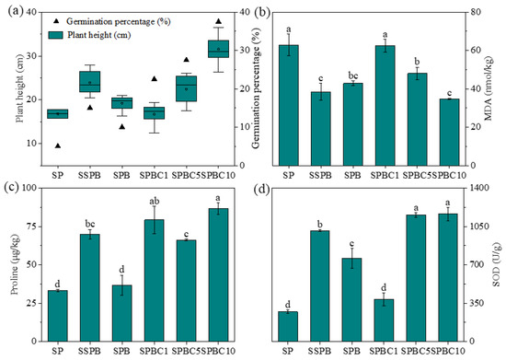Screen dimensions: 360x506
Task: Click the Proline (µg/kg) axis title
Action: coord(8,264)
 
